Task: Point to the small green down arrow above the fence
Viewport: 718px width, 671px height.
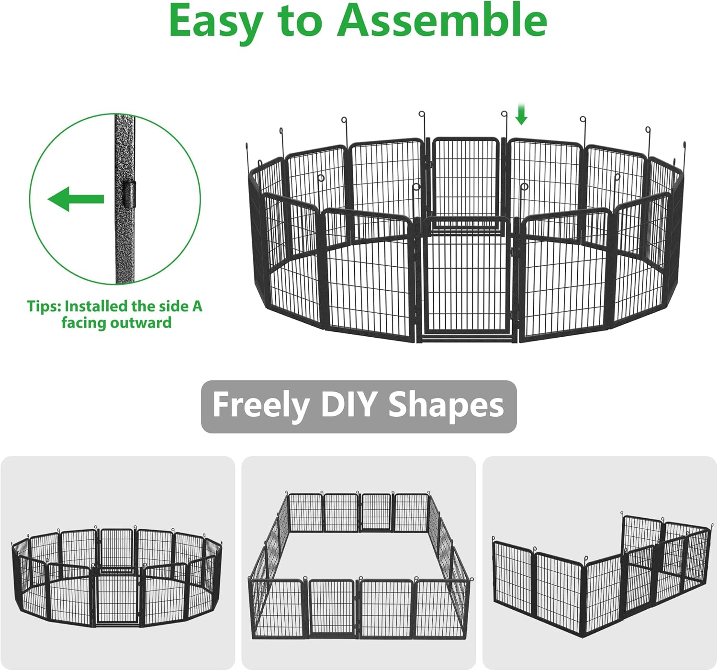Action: tap(521, 114)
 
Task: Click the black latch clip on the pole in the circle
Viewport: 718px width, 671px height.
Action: tap(128, 194)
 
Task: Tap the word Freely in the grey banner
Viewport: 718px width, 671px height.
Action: tap(261, 405)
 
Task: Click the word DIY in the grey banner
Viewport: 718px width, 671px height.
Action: tap(348, 405)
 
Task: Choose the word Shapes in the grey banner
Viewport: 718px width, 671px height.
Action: tap(446, 405)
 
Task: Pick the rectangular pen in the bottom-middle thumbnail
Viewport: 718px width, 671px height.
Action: tap(358, 565)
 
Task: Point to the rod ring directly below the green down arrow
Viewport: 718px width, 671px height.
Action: tap(504, 114)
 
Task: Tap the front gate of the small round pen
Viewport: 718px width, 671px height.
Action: tap(117, 599)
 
